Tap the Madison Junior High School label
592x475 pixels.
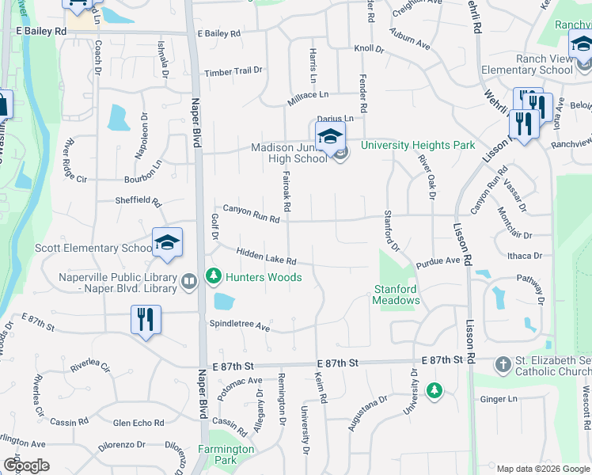pos(289,153)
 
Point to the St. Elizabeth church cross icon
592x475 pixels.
pos(502,365)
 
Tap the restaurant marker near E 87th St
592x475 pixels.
pos(145,319)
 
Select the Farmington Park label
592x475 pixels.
pos(226,454)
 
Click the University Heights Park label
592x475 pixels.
pos(418,145)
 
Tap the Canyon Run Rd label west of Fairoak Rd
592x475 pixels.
pos(251,212)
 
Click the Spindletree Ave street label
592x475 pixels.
pos(240,325)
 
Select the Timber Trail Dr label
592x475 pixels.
pos(233,71)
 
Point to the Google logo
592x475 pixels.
pos(26,465)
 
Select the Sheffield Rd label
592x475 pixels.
pos(138,201)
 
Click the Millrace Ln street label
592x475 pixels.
pos(307,94)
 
